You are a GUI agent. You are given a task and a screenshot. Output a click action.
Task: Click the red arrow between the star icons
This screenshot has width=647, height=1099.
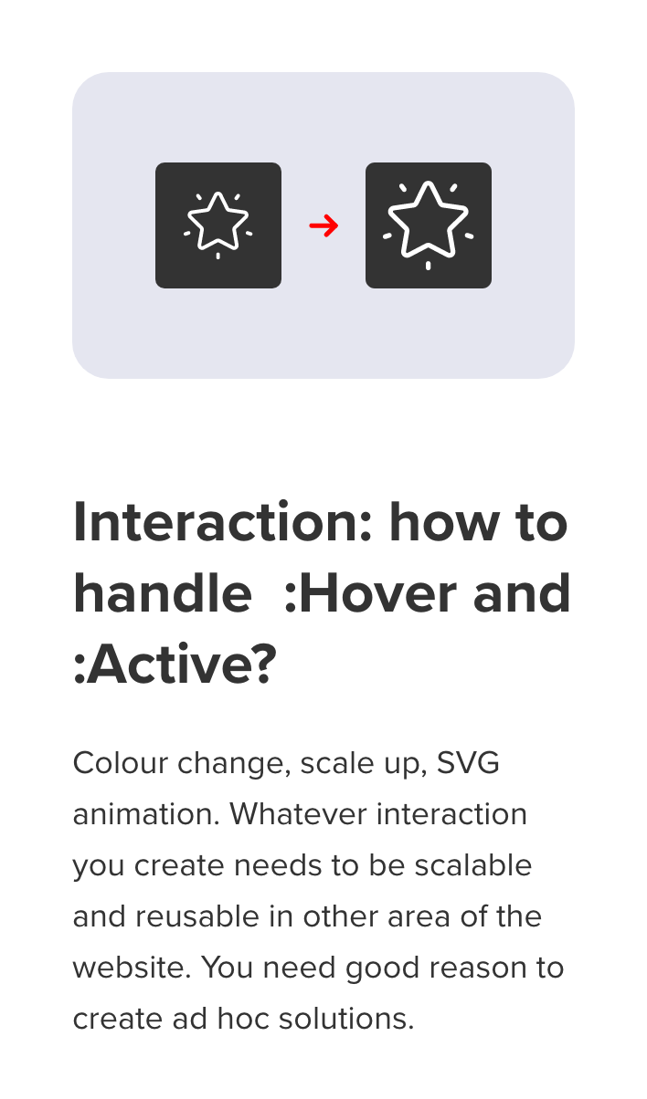pos(323,225)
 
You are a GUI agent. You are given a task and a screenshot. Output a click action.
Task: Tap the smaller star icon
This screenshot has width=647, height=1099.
pos(218,225)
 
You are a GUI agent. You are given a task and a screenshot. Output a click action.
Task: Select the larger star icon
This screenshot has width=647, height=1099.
pos(429,225)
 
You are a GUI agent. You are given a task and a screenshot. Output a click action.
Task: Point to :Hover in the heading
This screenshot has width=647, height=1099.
pos(370,593)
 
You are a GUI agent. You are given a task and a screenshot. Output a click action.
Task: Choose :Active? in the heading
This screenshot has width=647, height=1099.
pos(175,665)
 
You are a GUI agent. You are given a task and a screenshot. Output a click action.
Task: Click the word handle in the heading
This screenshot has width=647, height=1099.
pos(163,592)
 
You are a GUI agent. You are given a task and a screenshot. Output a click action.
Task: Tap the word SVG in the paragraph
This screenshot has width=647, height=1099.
pos(468,763)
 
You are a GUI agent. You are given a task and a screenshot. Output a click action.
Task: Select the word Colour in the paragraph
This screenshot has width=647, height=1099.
pos(121,763)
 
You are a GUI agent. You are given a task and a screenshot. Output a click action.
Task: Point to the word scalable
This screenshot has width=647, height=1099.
pos(473,864)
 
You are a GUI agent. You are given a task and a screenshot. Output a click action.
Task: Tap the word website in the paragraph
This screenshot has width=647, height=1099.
pos(132,967)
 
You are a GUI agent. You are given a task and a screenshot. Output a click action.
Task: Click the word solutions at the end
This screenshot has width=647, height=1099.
pos(346,1019)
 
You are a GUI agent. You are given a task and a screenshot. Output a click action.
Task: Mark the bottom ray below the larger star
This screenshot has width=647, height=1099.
pos(429,266)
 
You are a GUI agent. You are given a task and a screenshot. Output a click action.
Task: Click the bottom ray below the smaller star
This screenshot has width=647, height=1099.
pos(218,256)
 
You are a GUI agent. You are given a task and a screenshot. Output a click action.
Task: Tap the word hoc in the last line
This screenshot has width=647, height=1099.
pos(243,1019)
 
